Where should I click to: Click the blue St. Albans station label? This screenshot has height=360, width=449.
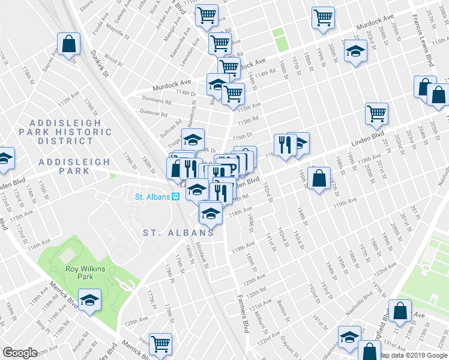pyautogui.click(x=152, y=196)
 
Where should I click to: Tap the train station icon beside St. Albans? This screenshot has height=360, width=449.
pyautogui.click(x=176, y=196)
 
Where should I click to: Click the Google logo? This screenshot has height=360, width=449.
pyautogui.click(x=20, y=352)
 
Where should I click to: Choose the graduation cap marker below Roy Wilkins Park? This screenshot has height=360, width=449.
pyautogui.click(x=89, y=301)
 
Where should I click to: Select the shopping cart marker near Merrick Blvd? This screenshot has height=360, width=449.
pyautogui.click(x=160, y=344)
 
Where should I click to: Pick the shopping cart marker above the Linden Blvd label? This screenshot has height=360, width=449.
pyautogui.click(x=376, y=113)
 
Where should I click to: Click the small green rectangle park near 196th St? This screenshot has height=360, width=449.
pyautogui.click(x=280, y=39)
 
